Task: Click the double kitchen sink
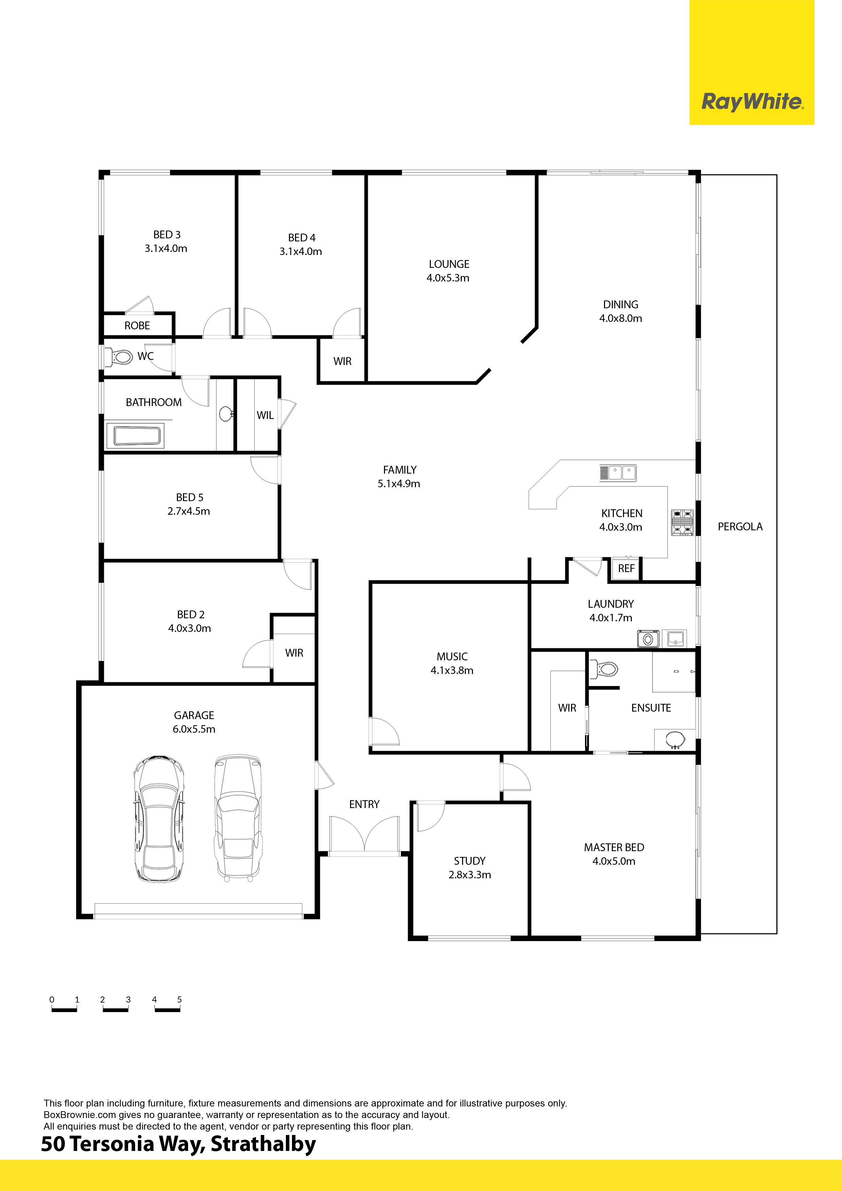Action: point(618,473)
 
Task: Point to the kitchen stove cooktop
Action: point(682,523)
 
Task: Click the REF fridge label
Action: point(626,569)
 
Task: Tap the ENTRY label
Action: point(364,805)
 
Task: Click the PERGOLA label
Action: point(740,527)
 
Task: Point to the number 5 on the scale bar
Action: point(180,1000)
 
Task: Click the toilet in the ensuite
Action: point(604,669)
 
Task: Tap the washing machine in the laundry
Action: point(648,639)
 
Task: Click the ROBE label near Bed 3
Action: point(137,326)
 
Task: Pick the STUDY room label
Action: point(470,861)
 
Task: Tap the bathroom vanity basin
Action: point(226,414)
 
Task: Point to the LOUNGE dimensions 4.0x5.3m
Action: point(448,278)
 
